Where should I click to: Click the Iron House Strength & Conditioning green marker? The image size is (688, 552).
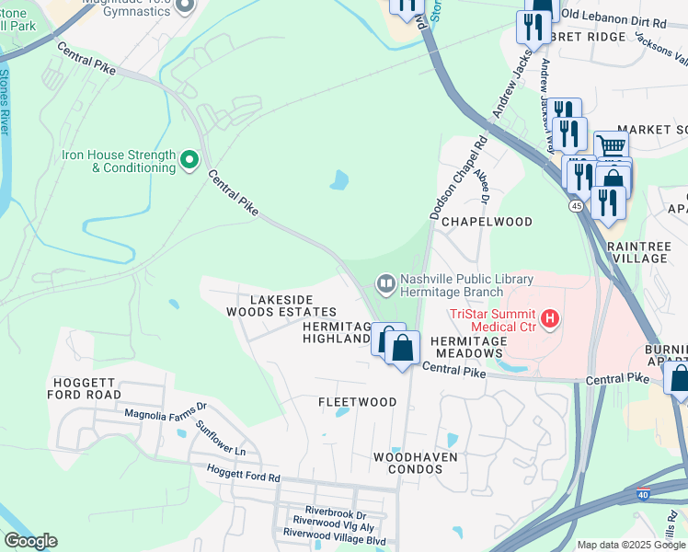click(x=189, y=161)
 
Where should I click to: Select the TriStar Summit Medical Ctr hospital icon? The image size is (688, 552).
click(x=550, y=319)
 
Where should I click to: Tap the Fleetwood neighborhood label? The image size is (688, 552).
click(x=357, y=402)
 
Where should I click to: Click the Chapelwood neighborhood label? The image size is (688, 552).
click(x=487, y=222)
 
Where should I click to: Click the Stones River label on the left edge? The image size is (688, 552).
click(x=6, y=101)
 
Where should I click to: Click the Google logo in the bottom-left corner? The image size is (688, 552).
click(x=30, y=541)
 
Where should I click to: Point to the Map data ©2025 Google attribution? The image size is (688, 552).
click(x=631, y=545)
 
